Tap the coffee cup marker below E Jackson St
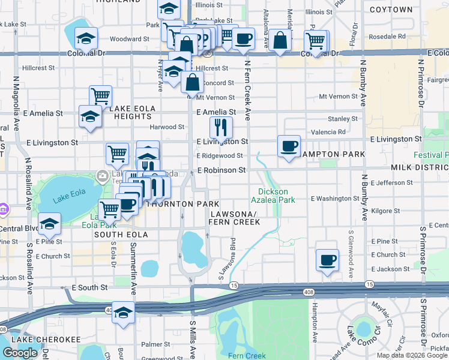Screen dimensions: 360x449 (x=327, y=260)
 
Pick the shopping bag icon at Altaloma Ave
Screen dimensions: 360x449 (x=280, y=40)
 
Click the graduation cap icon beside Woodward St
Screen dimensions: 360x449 (x=86, y=39)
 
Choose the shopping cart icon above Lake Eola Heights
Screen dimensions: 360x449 (x=101, y=95)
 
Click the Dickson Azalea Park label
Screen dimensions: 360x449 (x=273, y=195)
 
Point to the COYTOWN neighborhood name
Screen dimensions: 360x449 (x=391, y=10)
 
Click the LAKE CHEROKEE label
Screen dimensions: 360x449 (x=46, y=340)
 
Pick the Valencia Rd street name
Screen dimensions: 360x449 (x=328, y=132)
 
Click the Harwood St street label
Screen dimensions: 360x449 (x=167, y=127)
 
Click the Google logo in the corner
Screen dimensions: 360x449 (x=20, y=353)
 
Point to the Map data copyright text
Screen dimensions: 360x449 (x=412, y=355)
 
